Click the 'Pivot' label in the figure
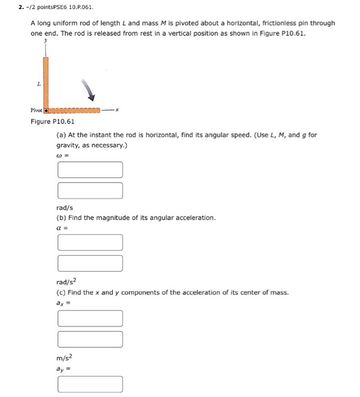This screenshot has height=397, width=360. tap(37, 109)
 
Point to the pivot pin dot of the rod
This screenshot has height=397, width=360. tap(47, 109)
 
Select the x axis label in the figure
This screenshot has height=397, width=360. tap(117, 109)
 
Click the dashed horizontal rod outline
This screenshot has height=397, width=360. tap(74, 109)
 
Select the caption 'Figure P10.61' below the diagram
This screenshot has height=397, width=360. tap(52, 121)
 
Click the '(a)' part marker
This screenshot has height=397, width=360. tap(61, 136)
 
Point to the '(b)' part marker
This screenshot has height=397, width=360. tap(61, 218)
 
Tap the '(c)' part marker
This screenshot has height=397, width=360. tap(61, 293)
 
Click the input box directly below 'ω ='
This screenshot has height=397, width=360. tap(90, 170)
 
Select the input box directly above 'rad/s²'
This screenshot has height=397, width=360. tap(90, 264)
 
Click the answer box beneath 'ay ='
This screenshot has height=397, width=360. tap(90, 385)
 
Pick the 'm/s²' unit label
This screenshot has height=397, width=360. tap(65, 357)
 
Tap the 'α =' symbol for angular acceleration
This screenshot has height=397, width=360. tap(63, 227)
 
